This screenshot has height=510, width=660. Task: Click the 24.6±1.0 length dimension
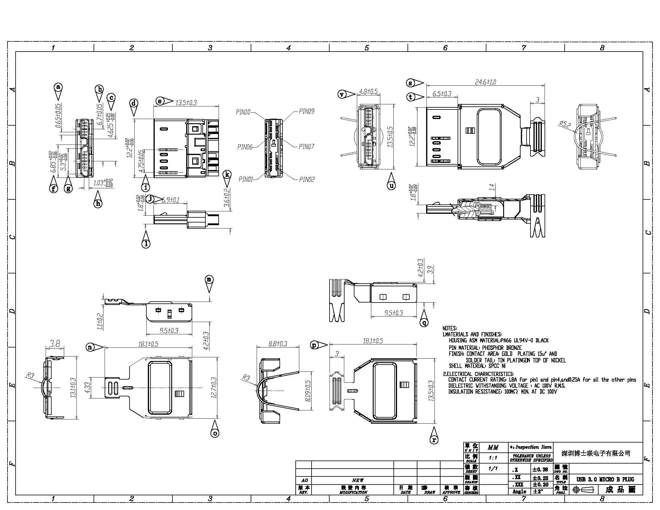click(x=485, y=82)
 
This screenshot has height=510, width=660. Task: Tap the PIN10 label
click(x=243, y=112)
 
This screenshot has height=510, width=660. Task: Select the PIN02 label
click(x=307, y=180)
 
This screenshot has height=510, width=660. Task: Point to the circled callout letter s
click(x=411, y=83)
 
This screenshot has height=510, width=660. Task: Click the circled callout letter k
click(x=227, y=174)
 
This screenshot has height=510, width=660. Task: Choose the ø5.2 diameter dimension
click(x=565, y=124)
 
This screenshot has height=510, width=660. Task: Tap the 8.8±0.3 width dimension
click(x=278, y=344)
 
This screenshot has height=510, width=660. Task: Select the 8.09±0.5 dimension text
click(x=308, y=391)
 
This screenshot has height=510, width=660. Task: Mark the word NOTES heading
click(x=450, y=328)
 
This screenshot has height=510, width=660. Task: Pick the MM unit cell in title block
click(x=493, y=447)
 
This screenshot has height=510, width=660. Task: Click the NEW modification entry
click(x=358, y=480)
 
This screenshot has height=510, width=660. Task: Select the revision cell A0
click(x=304, y=480)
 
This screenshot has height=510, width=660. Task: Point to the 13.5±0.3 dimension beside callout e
click(x=186, y=103)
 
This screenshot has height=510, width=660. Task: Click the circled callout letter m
click(x=209, y=279)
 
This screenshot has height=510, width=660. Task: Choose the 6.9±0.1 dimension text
click(x=170, y=200)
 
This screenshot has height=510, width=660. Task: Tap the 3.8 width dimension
click(x=55, y=344)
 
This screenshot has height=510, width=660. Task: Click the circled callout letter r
click(x=434, y=440)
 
